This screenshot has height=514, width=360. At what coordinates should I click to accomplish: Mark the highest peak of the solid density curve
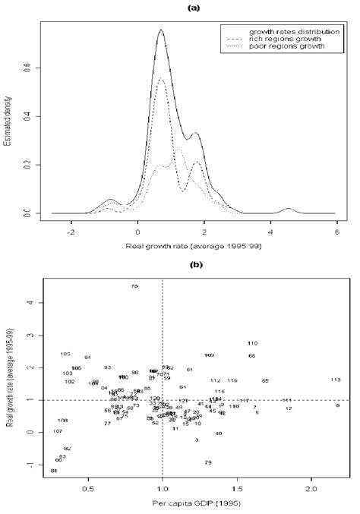pos(161,30)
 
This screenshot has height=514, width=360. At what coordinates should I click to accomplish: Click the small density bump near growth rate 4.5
pos(288,208)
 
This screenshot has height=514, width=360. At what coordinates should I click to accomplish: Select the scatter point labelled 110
pos(253,343)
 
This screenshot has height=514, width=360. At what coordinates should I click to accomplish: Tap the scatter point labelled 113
pos(335,380)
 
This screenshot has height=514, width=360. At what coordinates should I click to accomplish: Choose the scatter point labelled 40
pos(219,434)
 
